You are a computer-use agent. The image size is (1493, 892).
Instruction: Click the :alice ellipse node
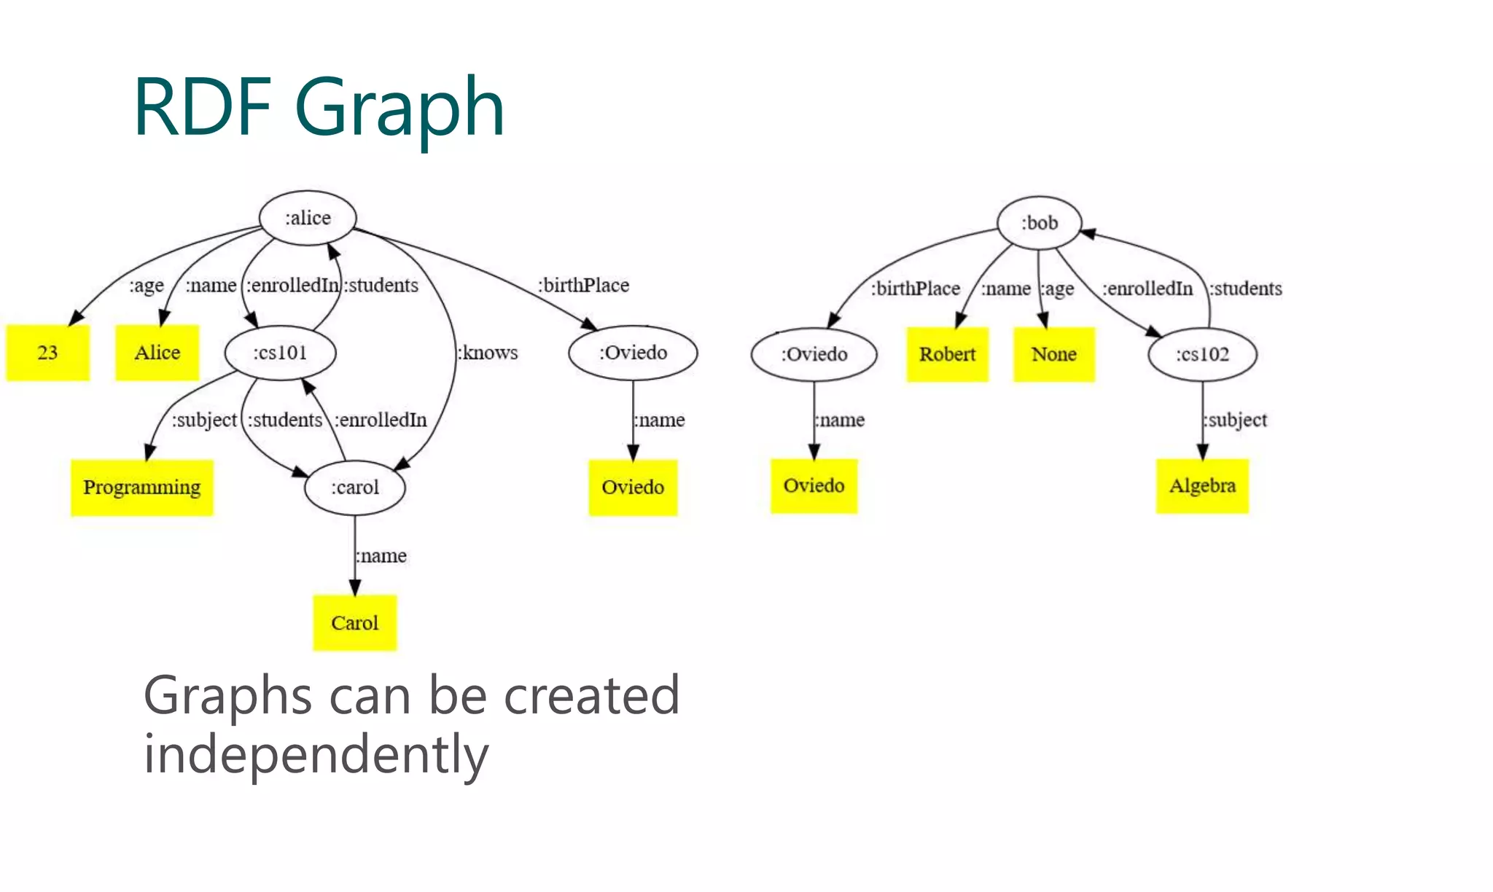(x=308, y=218)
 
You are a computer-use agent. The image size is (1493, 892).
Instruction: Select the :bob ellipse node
(x=1039, y=223)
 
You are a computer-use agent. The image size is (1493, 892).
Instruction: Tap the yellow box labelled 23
(x=47, y=353)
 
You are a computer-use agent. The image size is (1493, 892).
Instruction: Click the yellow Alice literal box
(x=157, y=353)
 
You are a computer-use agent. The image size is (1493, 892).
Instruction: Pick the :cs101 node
(x=280, y=353)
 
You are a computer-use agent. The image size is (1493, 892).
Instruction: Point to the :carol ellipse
(x=355, y=487)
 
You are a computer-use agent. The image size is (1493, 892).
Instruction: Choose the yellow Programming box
(x=141, y=488)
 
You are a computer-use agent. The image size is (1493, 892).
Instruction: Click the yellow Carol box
(x=354, y=623)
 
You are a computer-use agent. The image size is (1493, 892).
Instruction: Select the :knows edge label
(x=488, y=353)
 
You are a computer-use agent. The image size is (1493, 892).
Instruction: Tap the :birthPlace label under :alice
(x=583, y=285)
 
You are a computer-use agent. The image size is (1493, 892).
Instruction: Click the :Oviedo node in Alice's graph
(x=633, y=353)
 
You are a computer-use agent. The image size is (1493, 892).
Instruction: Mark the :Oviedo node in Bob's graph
(x=814, y=354)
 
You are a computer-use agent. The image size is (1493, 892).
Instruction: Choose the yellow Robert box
(x=947, y=354)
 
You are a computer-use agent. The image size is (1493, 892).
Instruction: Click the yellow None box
(x=1053, y=354)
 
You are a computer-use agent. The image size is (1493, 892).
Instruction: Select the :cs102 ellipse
(x=1202, y=354)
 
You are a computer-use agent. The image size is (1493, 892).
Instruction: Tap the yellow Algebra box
(x=1202, y=486)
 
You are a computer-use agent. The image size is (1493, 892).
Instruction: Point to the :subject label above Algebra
(x=1236, y=420)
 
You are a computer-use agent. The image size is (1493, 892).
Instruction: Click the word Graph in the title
(x=399, y=108)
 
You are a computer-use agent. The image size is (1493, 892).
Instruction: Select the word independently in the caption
(x=316, y=755)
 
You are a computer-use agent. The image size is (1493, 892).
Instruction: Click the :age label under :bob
(x=1057, y=289)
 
